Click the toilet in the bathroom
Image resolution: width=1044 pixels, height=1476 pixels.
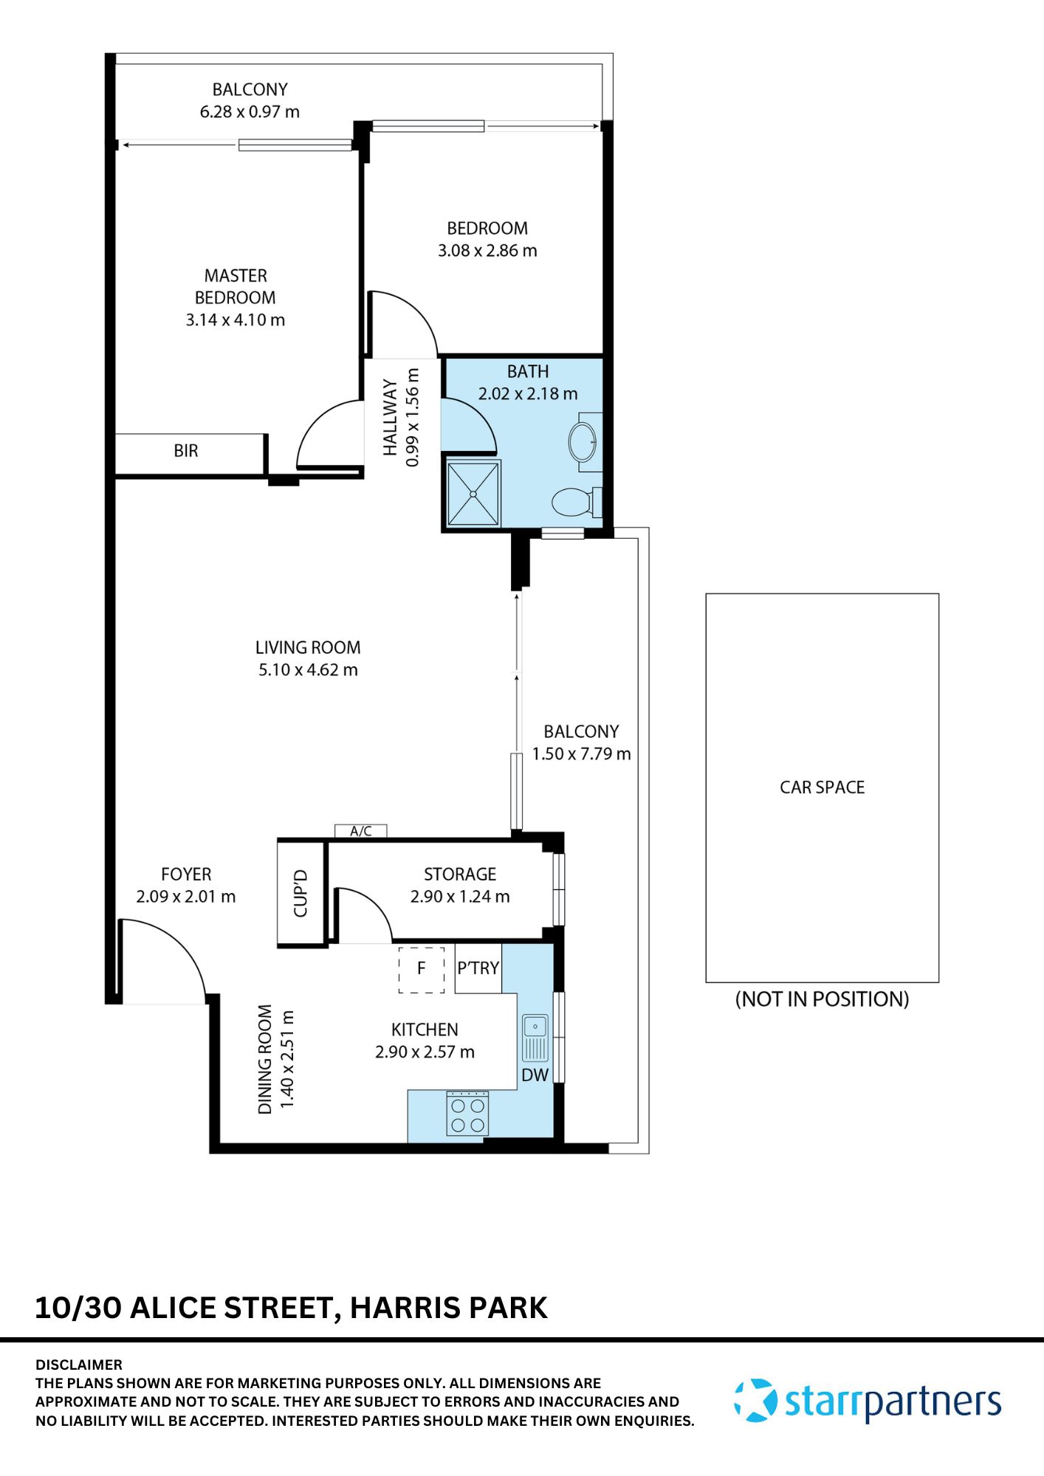573,503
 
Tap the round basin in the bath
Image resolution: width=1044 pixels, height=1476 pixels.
583,442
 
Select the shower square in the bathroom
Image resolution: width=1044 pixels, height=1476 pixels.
473,494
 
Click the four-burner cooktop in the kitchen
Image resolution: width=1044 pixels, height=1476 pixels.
467,1115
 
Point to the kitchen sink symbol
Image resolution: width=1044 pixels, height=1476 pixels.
535,1038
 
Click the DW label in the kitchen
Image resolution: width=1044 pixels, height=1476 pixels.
535,1075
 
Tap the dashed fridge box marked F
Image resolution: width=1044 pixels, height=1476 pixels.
422,969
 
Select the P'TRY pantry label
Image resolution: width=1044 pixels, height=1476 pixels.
478,968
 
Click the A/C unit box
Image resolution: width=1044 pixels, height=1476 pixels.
360,831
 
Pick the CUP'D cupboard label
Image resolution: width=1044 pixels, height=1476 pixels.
301,893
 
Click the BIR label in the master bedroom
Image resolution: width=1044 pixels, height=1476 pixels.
186,451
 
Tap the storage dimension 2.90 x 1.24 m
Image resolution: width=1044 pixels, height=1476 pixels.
460,897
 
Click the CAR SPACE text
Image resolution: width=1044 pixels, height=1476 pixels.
822,787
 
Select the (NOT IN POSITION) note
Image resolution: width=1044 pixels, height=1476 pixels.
822,999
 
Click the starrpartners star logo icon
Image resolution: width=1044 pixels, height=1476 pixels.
755,1401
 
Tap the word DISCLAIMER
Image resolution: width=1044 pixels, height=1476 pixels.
79,1365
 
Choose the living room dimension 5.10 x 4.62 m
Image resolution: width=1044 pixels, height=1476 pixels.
308,670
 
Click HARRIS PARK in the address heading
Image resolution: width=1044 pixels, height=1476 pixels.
448,1308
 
